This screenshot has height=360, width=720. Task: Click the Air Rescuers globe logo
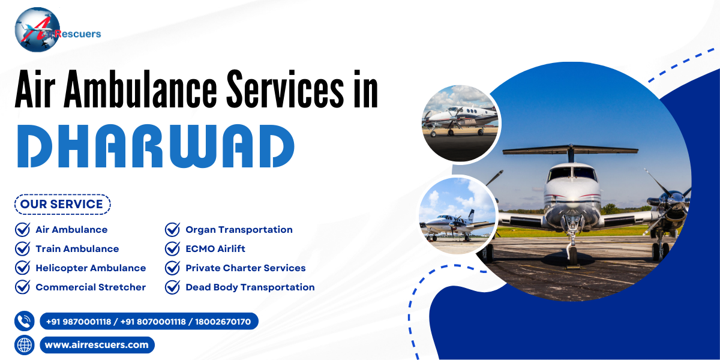(37, 29)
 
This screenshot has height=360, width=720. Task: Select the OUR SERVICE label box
(62, 204)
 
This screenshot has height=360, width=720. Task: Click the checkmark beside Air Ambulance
(22, 230)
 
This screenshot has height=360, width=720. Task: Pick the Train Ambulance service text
(77, 249)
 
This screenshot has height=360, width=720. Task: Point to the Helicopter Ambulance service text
(91, 268)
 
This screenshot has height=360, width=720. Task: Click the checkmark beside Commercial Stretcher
(22, 287)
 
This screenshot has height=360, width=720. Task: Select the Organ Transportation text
(239, 230)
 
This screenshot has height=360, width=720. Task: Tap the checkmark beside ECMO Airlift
(172, 249)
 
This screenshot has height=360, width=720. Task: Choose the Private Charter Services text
(245, 268)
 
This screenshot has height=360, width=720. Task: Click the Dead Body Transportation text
(250, 287)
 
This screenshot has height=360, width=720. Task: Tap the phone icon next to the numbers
(25, 321)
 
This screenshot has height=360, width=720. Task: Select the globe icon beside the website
(25, 345)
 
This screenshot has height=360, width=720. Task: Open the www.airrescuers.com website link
(97, 345)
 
